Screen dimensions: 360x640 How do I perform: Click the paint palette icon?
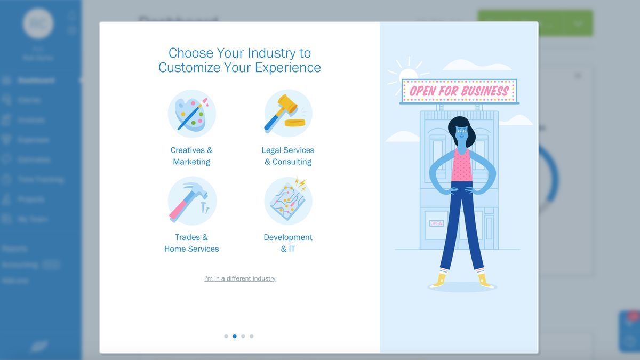coord(191,114)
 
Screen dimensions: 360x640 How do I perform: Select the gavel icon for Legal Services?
coord(288,114)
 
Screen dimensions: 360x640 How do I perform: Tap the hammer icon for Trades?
coord(191,201)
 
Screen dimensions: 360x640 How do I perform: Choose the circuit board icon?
coord(288,201)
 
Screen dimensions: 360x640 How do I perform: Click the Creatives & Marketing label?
coord(191,156)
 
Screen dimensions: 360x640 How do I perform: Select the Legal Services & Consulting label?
coord(288,156)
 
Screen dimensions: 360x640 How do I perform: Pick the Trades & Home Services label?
coord(191,243)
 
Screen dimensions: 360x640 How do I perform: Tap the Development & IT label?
coord(288,243)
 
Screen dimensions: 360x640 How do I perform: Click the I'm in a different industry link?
coord(239,278)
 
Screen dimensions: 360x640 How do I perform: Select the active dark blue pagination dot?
coord(235,336)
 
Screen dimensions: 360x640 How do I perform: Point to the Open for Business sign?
coord(459,91)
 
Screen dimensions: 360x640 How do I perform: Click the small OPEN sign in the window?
coord(436,223)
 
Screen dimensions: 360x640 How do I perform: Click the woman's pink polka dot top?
coord(462,165)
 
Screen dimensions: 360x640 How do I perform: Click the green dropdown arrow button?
coord(578,23)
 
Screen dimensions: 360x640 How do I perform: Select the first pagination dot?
coord(226,336)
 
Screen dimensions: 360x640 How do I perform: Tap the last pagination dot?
coord(252,336)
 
